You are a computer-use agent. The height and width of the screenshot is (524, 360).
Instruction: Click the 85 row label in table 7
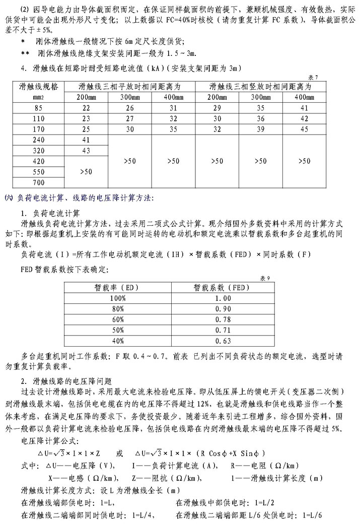point(39,108)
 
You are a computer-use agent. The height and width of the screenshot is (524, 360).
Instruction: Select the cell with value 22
point(87,108)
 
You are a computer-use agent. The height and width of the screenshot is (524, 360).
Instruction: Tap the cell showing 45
point(304,128)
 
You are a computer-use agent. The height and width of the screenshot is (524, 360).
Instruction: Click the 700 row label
point(39,182)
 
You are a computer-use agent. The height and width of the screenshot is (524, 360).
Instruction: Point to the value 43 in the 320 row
point(87,150)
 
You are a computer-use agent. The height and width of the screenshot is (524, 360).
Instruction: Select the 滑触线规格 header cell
point(39,92)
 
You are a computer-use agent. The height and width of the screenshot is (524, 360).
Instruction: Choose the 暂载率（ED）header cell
point(118,288)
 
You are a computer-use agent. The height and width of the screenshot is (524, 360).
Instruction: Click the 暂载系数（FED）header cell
point(219,288)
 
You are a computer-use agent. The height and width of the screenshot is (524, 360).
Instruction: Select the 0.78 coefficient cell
point(219,319)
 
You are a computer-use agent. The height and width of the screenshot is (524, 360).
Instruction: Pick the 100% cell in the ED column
point(118,298)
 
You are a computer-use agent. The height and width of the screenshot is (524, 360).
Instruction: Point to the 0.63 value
point(219,341)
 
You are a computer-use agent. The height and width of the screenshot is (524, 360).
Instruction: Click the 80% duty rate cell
point(118,309)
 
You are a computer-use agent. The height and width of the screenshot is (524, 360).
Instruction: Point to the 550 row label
point(39,171)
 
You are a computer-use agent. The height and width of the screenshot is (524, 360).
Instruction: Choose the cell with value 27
point(129,118)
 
